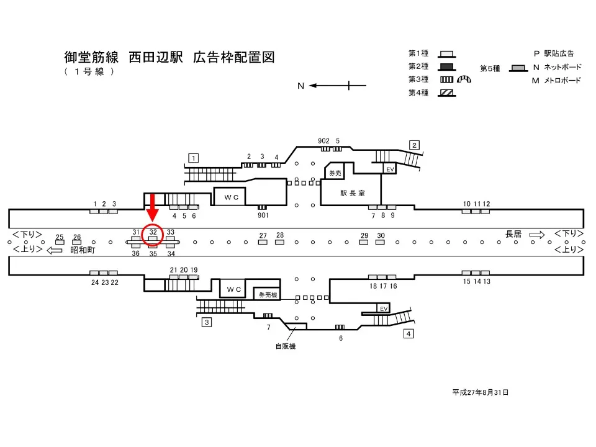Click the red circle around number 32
pos(153,233)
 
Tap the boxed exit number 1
pos(194,158)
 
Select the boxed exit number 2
pos(414,145)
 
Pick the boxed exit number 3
pos(207,322)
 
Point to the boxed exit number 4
pos(409,334)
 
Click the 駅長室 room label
pos(351,192)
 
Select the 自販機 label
pos(286,346)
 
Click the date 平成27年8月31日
pos(481,392)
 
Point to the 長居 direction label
pos(513,234)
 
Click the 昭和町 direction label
pos(82,250)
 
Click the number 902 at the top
pos(323,141)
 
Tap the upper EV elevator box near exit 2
pos(390,169)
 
